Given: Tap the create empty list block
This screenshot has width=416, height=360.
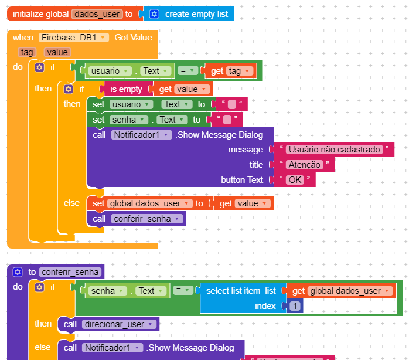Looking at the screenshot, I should tap(196, 13).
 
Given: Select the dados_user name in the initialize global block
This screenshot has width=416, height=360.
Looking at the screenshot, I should tap(97, 13).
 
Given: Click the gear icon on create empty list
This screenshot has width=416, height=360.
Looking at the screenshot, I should tap(154, 13).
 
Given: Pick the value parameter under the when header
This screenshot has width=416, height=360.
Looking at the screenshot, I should tap(57, 52).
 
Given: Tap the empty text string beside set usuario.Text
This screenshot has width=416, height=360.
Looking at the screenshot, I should tap(231, 104).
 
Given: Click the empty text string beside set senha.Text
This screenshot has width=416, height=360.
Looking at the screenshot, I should tap(227, 120).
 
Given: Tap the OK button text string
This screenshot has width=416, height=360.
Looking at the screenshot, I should tap(295, 180).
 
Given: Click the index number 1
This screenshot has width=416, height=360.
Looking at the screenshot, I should tap(295, 306).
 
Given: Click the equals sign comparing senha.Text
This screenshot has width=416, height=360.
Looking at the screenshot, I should tap(183, 291).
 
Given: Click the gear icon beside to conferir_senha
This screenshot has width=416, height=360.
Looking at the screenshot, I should tap(17, 272).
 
